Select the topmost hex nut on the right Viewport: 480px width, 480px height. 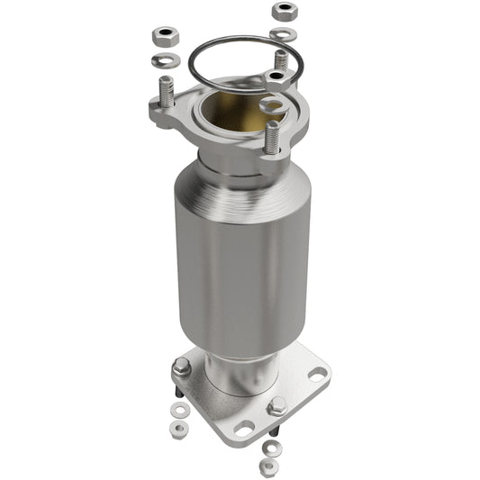pyautogui.click(x=285, y=11)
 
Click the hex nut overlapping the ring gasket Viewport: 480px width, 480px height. pyautogui.click(x=276, y=79)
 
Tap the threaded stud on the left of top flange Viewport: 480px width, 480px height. pyautogui.click(x=166, y=93)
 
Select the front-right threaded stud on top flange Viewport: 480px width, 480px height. pyautogui.click(x=272, y=136)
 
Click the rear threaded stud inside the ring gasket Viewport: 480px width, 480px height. pyautogui.click(x=281, y=60)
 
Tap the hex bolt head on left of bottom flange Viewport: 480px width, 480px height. pyautogui.click(x=182, y=367)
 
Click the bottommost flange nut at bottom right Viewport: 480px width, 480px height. pyautogui.click(x=267, y=466)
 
